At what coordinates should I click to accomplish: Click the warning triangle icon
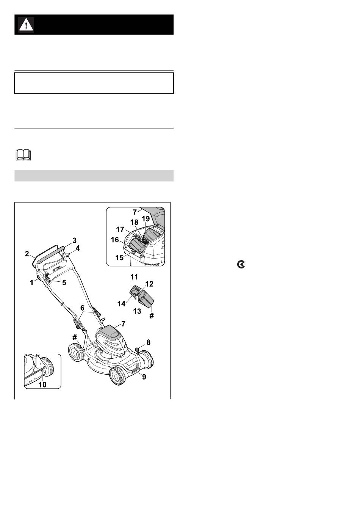(x=26, y=25)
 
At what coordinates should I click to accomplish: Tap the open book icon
(x=23, y=155)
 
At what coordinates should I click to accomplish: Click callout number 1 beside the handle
(x=31, y=282)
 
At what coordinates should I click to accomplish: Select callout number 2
(x=27, y=254)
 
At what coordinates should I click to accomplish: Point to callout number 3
(x=74, y=240)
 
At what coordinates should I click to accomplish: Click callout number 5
(x=64, y=282)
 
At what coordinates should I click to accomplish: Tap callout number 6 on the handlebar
(x=82, y=308)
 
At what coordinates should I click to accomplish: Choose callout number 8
(x=148, y=342)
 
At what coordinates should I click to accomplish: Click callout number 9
(x=144, y=377)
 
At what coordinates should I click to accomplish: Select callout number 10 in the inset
(x=42, y=385)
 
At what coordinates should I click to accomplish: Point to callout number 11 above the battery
(x=134, y=277)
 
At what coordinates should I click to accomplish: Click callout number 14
(x=121, y=304)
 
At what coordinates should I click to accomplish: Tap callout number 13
(x=137, y=311)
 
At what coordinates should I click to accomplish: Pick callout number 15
(x=119, y=257)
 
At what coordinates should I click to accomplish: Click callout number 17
(x=120, y=229)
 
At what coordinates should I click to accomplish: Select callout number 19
(x=146, y=219)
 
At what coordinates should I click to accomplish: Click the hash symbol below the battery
(x=152, y=315)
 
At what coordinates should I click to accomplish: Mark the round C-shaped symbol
(x=241, y=265)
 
